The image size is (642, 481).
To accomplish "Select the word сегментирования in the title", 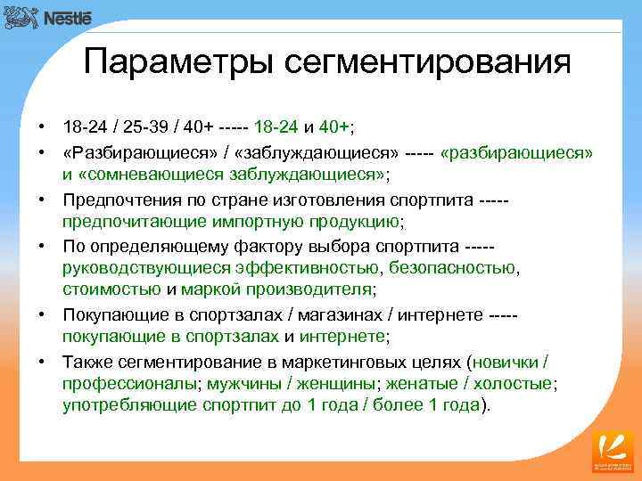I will (x=427, y=62).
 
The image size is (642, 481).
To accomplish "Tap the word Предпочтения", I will (x=115, y=198).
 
